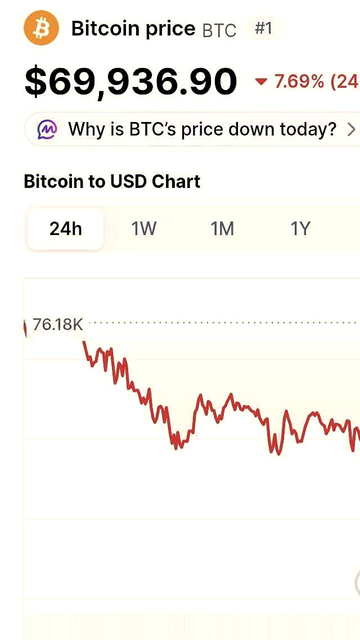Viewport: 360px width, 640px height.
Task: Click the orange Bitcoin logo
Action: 41,28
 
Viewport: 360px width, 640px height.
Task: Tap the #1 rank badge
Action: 263,28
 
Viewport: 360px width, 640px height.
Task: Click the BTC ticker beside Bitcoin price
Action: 219,30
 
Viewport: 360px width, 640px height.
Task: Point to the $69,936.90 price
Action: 130,81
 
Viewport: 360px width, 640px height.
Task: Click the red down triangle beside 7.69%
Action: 261,81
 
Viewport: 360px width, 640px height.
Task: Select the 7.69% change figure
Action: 299,81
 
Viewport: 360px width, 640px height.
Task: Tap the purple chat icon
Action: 47,129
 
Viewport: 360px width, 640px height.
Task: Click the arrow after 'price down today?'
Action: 351,129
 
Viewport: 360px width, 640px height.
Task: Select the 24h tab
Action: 65,229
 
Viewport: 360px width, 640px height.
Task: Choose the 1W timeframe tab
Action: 144,229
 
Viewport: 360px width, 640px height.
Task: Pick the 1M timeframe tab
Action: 222,229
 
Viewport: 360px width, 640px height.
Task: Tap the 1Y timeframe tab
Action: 300,229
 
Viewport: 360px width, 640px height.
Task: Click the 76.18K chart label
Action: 57,324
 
